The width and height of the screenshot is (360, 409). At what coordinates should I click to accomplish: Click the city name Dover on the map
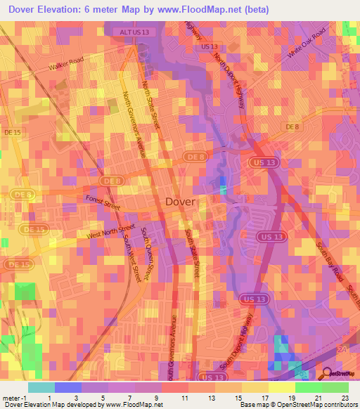181,202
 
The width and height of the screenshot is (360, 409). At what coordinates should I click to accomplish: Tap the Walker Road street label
65,67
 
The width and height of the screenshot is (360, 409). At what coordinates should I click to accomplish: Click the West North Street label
110,232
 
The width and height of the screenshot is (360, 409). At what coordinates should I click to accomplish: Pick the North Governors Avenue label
135,122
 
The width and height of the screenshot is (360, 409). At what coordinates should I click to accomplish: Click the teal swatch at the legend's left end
41,387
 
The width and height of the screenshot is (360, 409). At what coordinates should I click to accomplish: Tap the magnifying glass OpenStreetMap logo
327,374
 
